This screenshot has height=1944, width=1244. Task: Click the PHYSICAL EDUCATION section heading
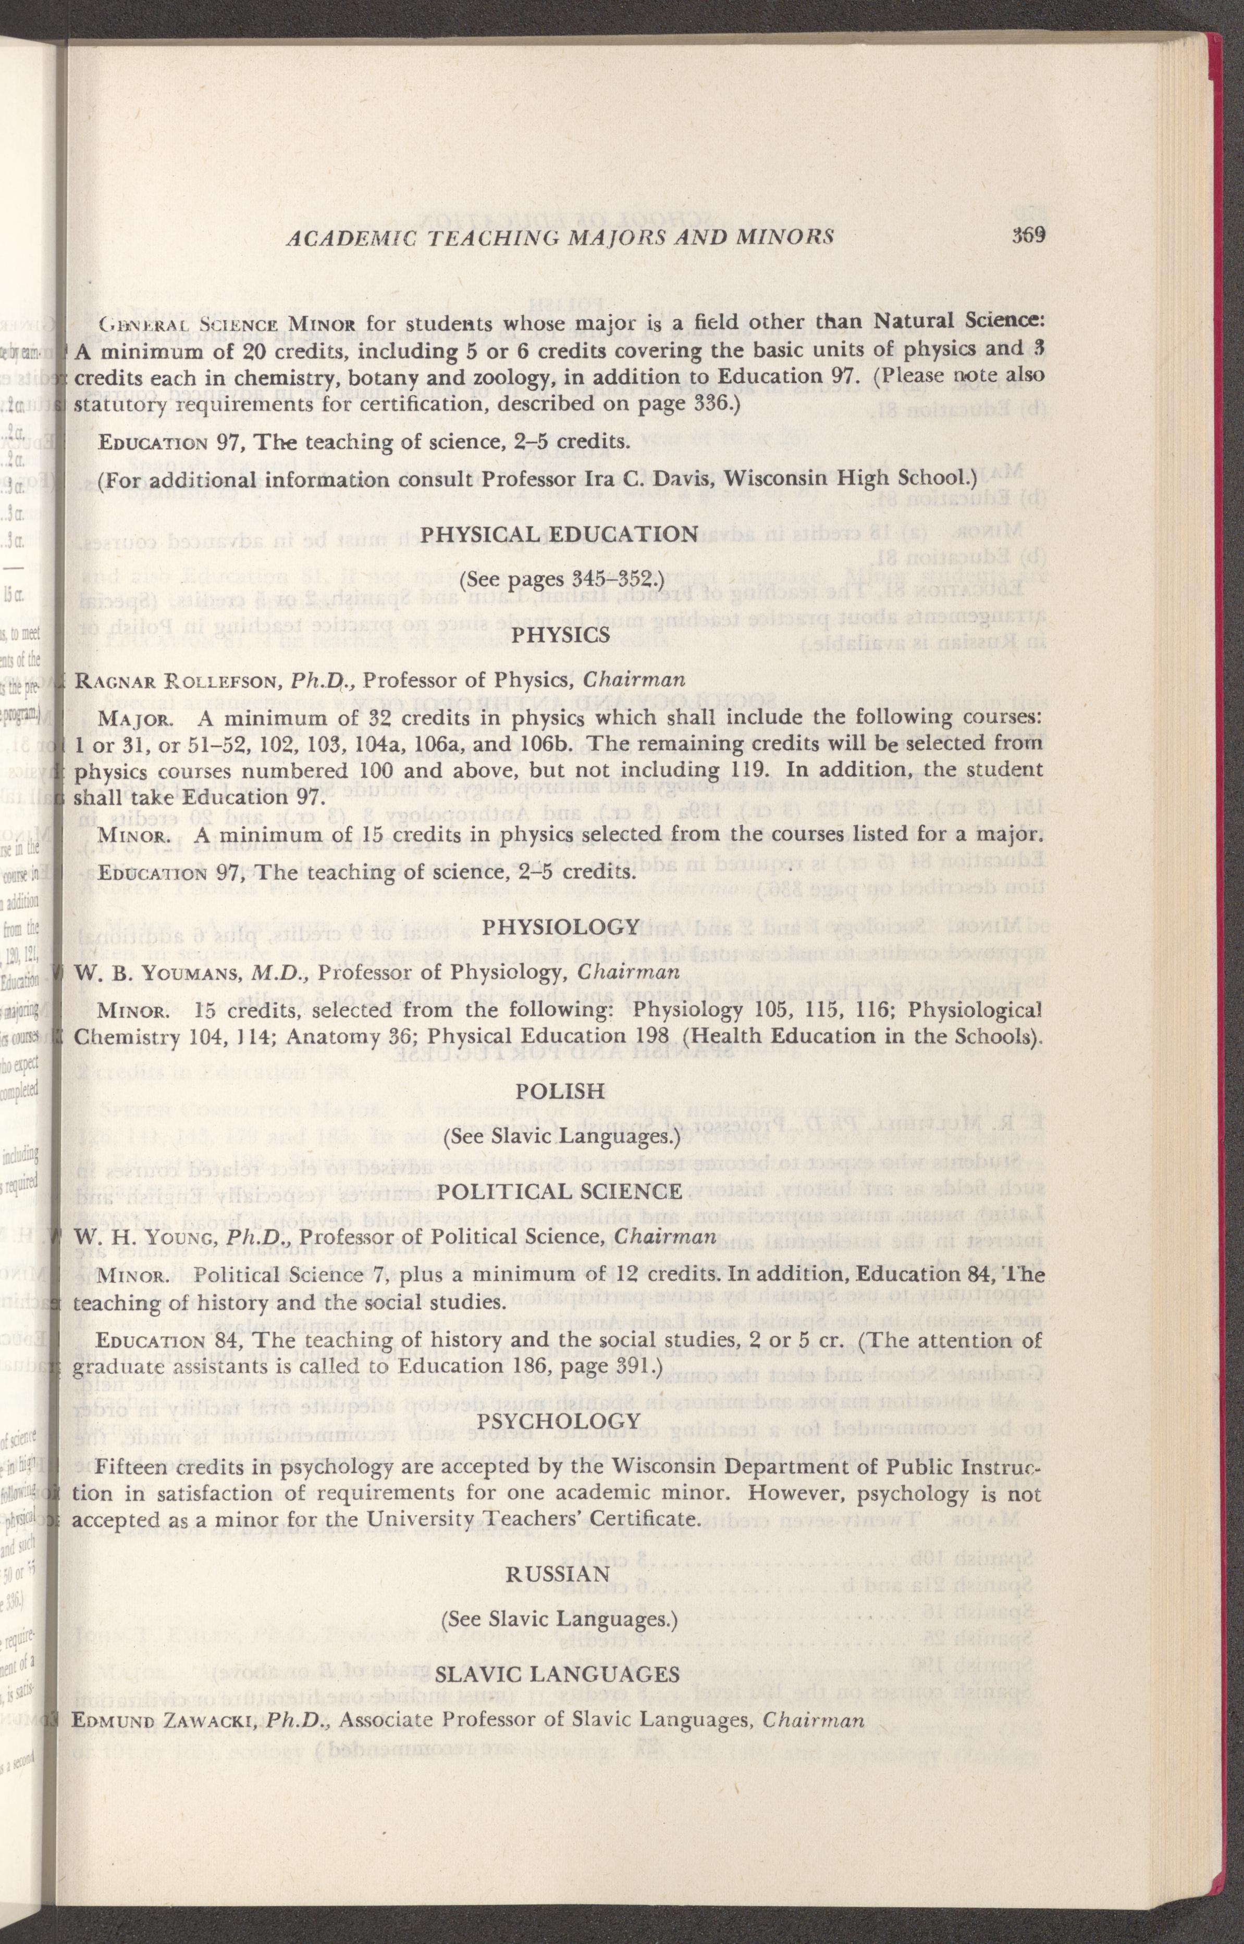[560, 534]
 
